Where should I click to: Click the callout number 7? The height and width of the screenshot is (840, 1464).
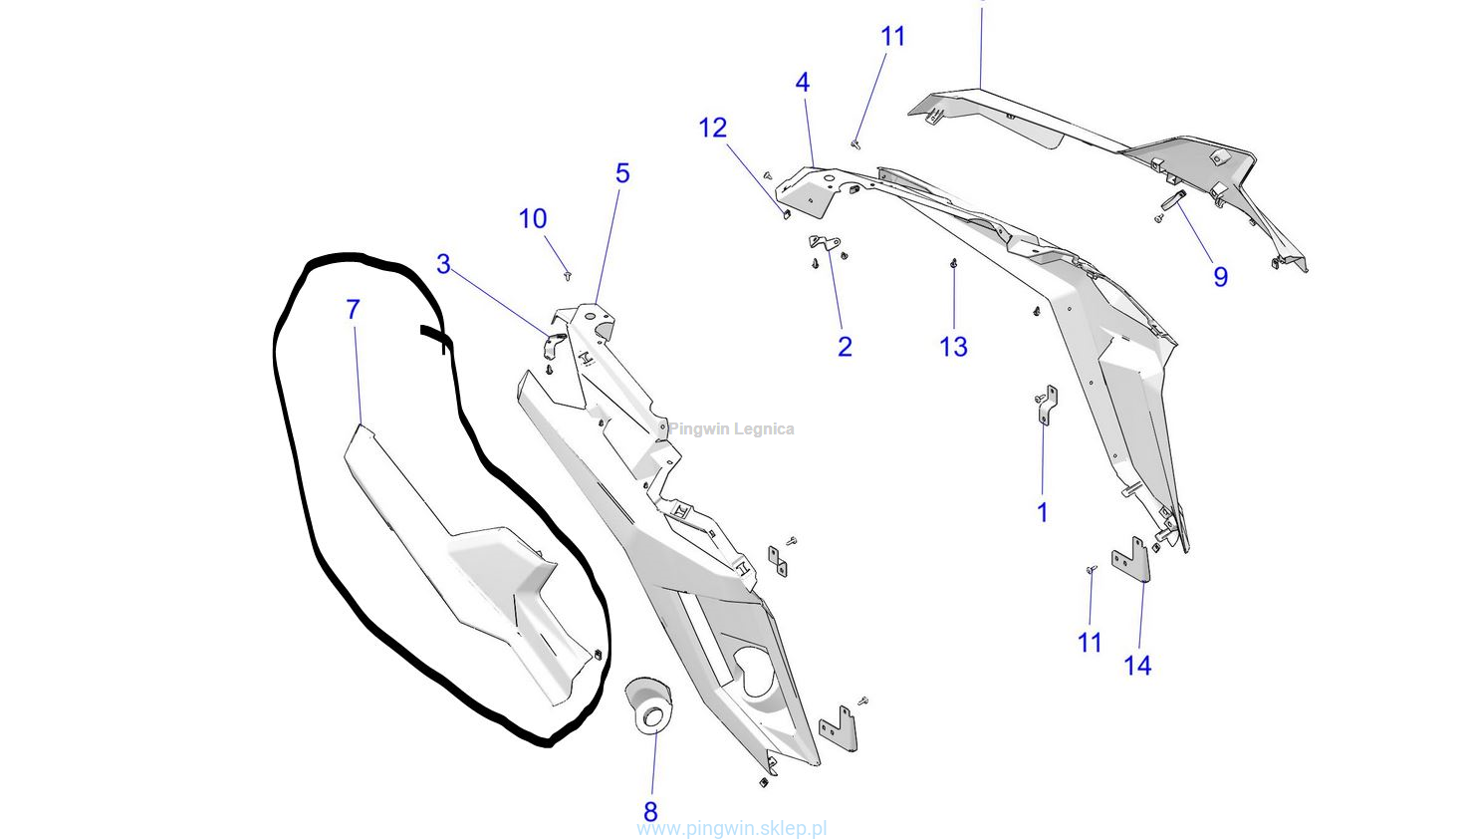coord(353,310)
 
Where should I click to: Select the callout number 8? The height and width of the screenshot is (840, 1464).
coord(650,811)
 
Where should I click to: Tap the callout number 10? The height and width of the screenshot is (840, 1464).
coord(533,219)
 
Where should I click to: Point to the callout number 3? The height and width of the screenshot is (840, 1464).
coord(443,265)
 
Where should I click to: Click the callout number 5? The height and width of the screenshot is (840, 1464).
coord(622,173)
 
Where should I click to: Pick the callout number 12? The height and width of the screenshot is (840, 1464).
coord(713,129)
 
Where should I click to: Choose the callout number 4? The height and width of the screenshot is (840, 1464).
coord(803,83)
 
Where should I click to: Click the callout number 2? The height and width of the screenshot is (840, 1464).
coord(845,347)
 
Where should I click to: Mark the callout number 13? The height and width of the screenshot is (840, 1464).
coord(953,347)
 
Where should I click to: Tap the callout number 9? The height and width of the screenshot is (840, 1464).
coord(1220,277)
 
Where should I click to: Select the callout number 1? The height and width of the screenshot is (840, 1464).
coord(1043,512)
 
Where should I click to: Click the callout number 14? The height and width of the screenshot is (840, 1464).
coord(1137,666)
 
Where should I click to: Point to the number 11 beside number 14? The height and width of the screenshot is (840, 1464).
coord(1090,643)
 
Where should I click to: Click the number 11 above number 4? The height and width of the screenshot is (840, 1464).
coord(892,37)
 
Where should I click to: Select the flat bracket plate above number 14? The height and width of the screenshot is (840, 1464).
coord(1131,560)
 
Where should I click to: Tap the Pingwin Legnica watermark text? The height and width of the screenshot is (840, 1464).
coord(731,429)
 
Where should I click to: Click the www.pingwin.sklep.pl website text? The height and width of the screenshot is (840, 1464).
coord(732,828)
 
